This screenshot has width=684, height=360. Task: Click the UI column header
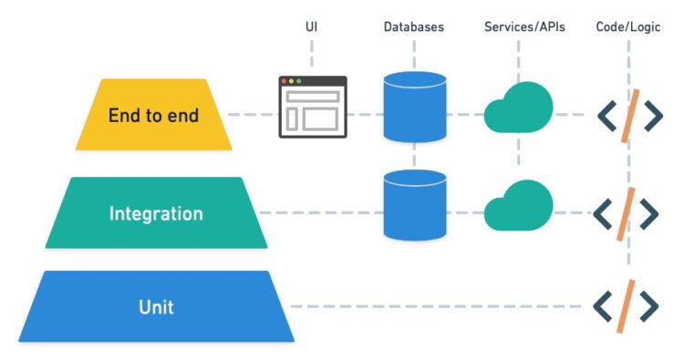(312, 26)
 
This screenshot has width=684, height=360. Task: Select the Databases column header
(414, 26)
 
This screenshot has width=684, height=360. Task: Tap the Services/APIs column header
(524, 26)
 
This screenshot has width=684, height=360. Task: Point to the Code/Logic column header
(629, 26)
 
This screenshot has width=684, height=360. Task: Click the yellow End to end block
(153, 115)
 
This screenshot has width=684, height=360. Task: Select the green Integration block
(156, 213)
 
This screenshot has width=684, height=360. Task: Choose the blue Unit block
(156, 307)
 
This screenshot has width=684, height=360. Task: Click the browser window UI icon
(312, 107)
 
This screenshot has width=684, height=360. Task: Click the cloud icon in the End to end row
(518, 109)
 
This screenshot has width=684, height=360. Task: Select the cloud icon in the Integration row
(518, 210)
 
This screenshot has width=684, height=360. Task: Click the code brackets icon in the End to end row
(628, 115)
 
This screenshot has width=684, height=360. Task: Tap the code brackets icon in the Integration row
(626, 213)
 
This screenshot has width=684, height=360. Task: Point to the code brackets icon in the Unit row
(626, 307)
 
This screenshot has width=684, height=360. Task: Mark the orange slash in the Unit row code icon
(627, 307)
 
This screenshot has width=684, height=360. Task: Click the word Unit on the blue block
(155, 307)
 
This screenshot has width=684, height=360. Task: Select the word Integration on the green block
(156, 214)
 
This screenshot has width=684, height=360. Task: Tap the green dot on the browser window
(300, 82)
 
